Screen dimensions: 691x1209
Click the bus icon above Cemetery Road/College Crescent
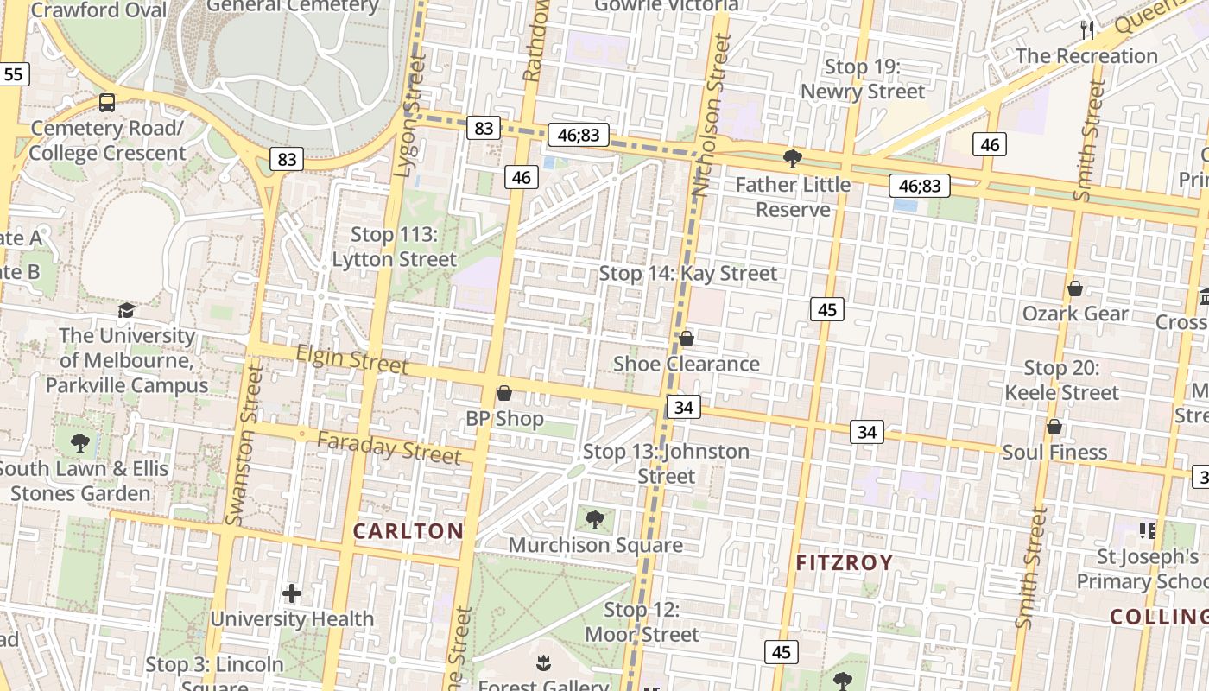pyautogui.click(x=107, y=103)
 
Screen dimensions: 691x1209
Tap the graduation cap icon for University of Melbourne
pyautogui.click(x=127, y=310)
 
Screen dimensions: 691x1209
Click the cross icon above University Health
pyautogui.click(x=292, y=593)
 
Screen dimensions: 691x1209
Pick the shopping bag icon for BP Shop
pyautogui.click(x=504, y=394)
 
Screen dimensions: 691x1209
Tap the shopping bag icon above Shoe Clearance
pyautogui.click(x=687, y=339)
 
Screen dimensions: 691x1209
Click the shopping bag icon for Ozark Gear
pyautogui.click(x=1075, y=288)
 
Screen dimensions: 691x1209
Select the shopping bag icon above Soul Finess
pyautogui.click(x=1054, y=427)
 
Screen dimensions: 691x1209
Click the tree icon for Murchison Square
pyautogui.click(x=595, y=520)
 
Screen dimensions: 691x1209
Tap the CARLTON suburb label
pyautogui.click(x=408, y=531)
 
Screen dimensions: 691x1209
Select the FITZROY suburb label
pyautogui.click(x=844, y=563)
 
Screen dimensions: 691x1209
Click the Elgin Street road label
pyautogui.click(x=351, y=358)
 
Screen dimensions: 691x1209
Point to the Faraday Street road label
pyautogui.click(x=389, y=447)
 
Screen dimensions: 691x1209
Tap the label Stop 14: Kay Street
pyautogui.click(x=688, y=274)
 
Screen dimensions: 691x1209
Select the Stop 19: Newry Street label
pyautogui.click(x=862, y=79)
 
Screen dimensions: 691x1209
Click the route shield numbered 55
pyautogui.click(x=14, y=74)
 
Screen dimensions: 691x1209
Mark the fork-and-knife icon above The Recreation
pyautogui.click(x=1087, y=30)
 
